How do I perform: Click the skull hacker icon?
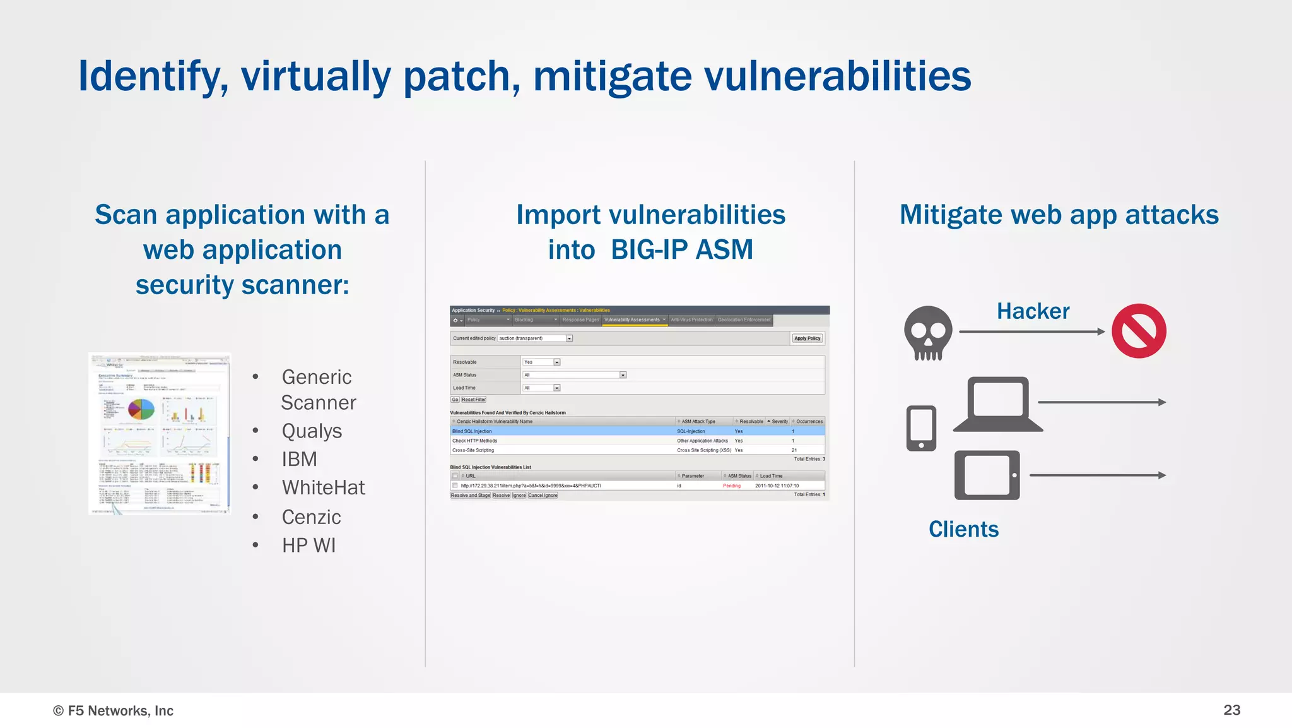(x=928, y=333)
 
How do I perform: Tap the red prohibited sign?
(x=1139, y=331)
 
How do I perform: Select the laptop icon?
(x=997, y=405)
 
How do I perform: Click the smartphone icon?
(x=921, y=428)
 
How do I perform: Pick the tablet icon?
(x=987, y=475)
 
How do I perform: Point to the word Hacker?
(x=1033, y=311)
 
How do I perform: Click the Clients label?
(x=963, y=529)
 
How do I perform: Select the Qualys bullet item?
(x=312, y=431)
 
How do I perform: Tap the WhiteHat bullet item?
(x=323, y=487)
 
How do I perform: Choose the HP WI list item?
(x=308, y=545)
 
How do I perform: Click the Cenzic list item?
(x=311, y=516)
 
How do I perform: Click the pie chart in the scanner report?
(x=141, y=410)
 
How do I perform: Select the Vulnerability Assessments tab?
(x=632, y=320)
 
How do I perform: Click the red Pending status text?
(x=732, y=486)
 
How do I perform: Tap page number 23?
(x=1231, y=710)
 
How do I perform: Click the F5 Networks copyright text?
(x=114, y=711)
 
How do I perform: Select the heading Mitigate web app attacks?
(x=1059, y=215)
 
